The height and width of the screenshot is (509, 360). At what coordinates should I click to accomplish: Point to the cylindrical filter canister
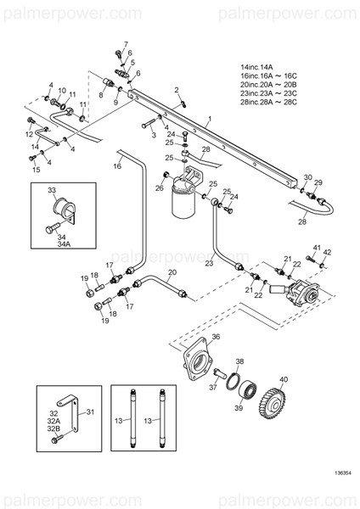183,204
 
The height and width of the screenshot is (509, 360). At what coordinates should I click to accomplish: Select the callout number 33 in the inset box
52,190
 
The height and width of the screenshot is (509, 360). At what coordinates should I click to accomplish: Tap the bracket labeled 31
76,419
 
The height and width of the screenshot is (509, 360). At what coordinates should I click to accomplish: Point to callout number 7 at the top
126,44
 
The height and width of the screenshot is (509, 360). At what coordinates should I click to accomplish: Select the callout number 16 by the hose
116,166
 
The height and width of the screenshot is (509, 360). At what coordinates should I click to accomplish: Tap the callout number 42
328,251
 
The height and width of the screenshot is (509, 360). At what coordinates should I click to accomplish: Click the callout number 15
36,170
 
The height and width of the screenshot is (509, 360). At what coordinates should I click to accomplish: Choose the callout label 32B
53,429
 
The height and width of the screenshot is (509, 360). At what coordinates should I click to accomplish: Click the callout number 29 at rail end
318,183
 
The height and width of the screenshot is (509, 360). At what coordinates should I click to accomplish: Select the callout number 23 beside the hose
209,264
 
